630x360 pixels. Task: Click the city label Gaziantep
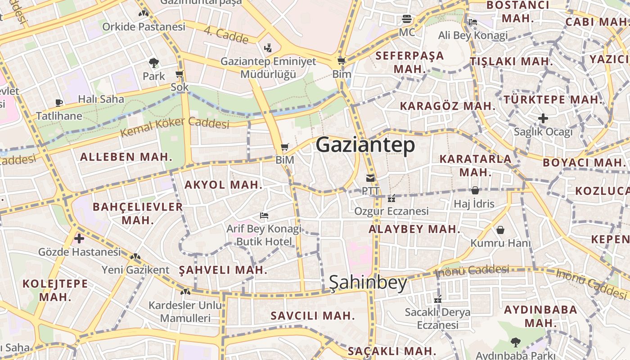click(365, 145)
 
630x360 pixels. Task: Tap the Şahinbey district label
click(368, 283)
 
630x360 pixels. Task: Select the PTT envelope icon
click(370, 178)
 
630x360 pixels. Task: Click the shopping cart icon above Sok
click(180, 74)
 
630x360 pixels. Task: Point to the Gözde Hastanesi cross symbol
click(79, 238)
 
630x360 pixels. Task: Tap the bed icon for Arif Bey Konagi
click(264, 216)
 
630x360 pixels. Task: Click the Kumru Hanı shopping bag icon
click(500, 230)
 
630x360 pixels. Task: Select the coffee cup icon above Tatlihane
click(59, 103)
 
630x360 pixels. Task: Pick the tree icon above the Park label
click(154, 63)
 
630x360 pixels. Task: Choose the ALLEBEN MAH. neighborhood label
click(126, 157)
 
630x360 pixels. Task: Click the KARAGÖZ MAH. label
click(447, 106)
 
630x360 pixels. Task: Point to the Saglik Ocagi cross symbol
click(543, 118)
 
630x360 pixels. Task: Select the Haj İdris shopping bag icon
click(475, 190)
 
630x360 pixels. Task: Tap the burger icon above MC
click(407, 19)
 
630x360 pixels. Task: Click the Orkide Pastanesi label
click(144, 27)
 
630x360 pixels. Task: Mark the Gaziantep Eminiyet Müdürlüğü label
click(268, 67)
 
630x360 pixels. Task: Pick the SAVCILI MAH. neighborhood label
click(312, 315)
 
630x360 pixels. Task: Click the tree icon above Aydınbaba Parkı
click(515, 342)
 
